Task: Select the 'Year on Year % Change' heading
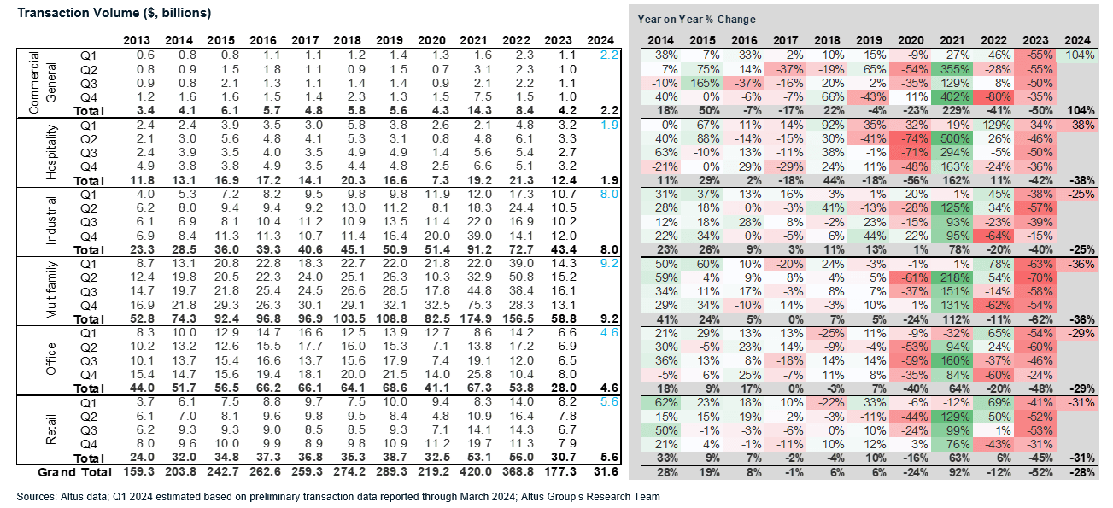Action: coord(696,20)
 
